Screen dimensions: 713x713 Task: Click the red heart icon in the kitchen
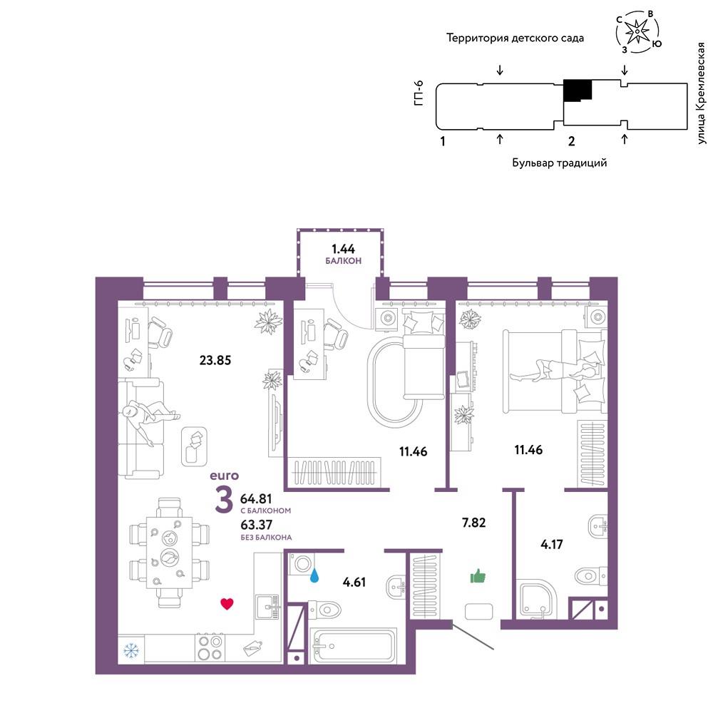tap(227, 603)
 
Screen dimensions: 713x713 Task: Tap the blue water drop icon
tap(314, 575)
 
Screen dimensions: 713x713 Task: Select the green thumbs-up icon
tap(478, 576)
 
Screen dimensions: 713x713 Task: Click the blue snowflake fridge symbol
tap(131, 651)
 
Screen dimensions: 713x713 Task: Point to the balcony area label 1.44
tap(344, 249)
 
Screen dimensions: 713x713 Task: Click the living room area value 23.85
tap(215, 360)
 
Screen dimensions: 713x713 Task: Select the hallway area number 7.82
tap(474, 523)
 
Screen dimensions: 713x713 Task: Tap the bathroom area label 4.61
tap(354, 582)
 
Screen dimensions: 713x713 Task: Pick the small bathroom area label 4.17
tap(552, 544)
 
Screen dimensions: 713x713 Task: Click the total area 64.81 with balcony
tap(256, 499)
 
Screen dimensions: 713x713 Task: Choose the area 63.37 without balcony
tap(257, 525)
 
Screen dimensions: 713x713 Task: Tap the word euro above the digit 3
tap(224, 476)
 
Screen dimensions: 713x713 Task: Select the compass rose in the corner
tap(638, 31)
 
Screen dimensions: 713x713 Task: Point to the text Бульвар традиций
tap(559, 163)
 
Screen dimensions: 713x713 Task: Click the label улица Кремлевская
tap(701, 93)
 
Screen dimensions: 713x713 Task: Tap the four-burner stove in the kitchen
tap(210, 648)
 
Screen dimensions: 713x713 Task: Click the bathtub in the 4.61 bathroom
tap(353, 646)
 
